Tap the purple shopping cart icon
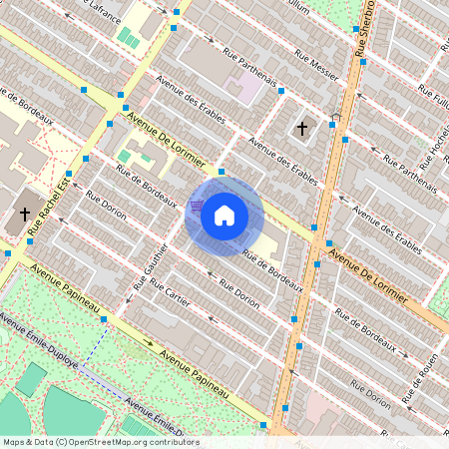tap(197, 206)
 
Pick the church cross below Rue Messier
tap(301, 128)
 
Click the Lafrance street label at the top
tap(105, 12)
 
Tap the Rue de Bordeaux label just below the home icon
tap(272, 262)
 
